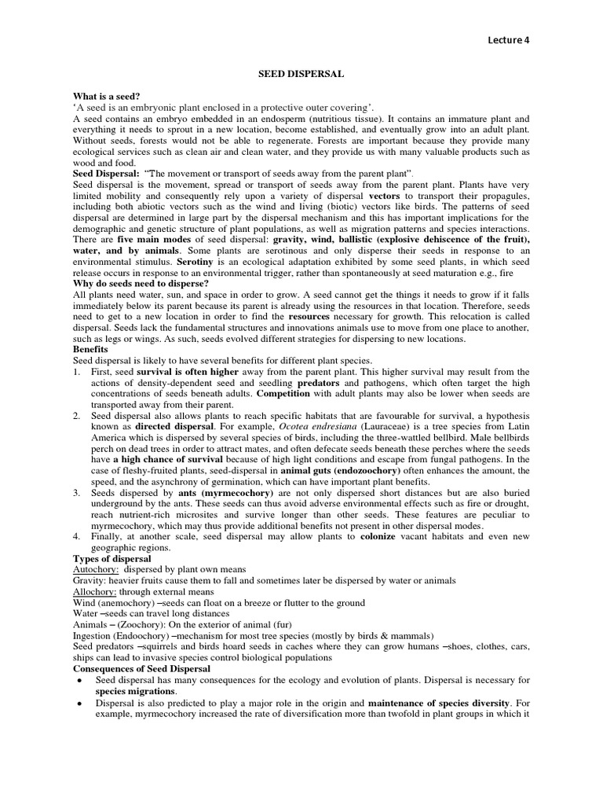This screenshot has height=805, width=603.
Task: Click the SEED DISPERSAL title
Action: (301, 73)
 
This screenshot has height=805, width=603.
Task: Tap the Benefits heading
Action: (90, 348)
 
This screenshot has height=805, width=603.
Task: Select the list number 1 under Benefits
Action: (76, 370)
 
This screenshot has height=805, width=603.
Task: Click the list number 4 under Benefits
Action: (76, 536)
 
